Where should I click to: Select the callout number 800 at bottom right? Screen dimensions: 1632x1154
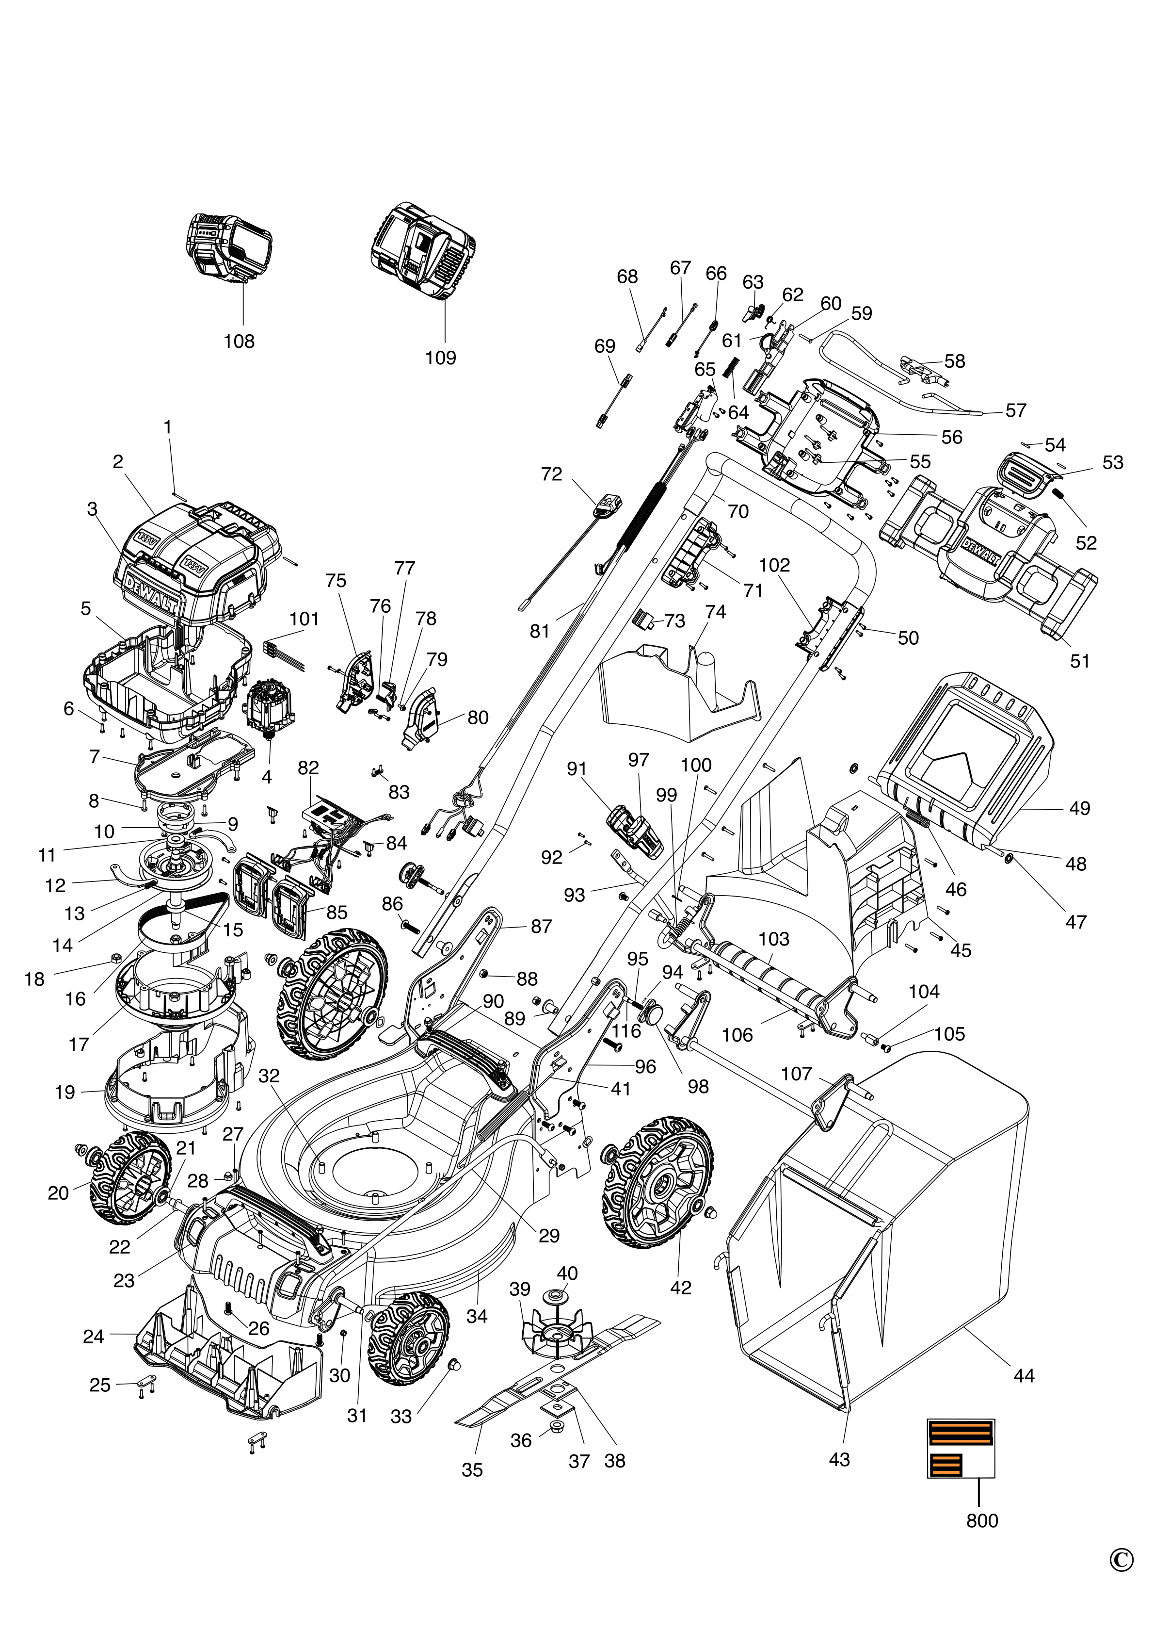tap(982, 1520)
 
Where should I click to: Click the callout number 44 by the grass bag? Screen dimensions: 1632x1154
tap(1023, 1375)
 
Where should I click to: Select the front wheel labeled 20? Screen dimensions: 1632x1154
tap(130, 1178)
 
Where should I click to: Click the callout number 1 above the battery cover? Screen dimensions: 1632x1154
tap(168, 427)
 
